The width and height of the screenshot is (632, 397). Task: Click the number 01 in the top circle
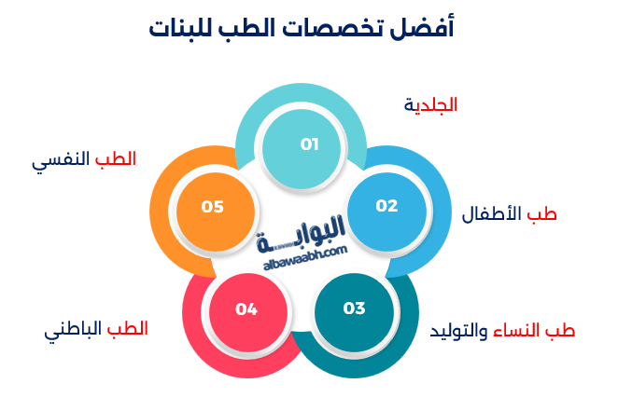[310, 144]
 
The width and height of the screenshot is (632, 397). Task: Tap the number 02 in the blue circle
[386, 205]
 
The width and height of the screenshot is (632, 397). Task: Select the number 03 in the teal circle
[354, 308]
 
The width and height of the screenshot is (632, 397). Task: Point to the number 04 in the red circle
[246, 308]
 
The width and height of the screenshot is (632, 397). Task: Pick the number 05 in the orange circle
[213, 206]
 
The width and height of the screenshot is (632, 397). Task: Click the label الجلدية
[431, 104]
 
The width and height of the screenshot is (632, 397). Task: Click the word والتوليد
[459, 331]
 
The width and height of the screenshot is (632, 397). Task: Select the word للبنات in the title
[187, 29]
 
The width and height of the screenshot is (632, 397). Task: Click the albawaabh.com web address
[305, 258]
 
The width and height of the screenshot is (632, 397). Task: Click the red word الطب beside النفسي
[116, 158]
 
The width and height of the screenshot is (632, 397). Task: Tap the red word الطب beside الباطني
[128, 329]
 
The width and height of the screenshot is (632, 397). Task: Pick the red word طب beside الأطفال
[543, 214]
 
